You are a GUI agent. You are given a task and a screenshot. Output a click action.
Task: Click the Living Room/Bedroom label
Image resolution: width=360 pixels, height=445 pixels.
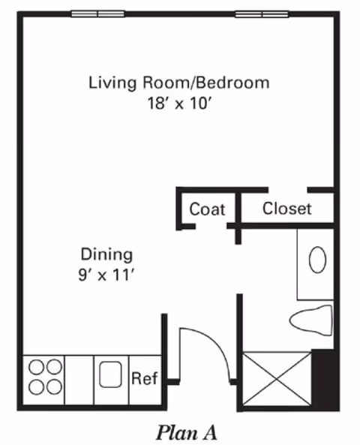pos(178,82)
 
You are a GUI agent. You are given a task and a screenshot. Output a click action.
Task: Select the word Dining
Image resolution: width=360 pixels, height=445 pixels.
pos(106,254)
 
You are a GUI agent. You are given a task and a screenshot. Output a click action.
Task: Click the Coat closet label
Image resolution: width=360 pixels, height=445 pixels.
pos(207,209)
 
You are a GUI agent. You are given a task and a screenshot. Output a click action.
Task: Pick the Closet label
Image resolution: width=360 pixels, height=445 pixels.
pos(286,209)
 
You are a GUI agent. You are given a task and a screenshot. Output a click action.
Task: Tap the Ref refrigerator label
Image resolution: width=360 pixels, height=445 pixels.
pos(144,378)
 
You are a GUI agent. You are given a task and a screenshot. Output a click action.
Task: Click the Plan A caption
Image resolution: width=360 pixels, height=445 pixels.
pos(186,432)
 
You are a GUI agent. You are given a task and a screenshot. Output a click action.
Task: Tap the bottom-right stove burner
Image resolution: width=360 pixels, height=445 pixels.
pos(54,387)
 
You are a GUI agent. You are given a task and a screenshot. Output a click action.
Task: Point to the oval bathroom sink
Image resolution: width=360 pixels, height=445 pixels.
pos(318,260)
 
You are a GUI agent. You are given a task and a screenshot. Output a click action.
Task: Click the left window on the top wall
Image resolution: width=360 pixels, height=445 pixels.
pos(97,14)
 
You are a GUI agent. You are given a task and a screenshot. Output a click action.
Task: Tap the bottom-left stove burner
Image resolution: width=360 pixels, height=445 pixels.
pos(36,387)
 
